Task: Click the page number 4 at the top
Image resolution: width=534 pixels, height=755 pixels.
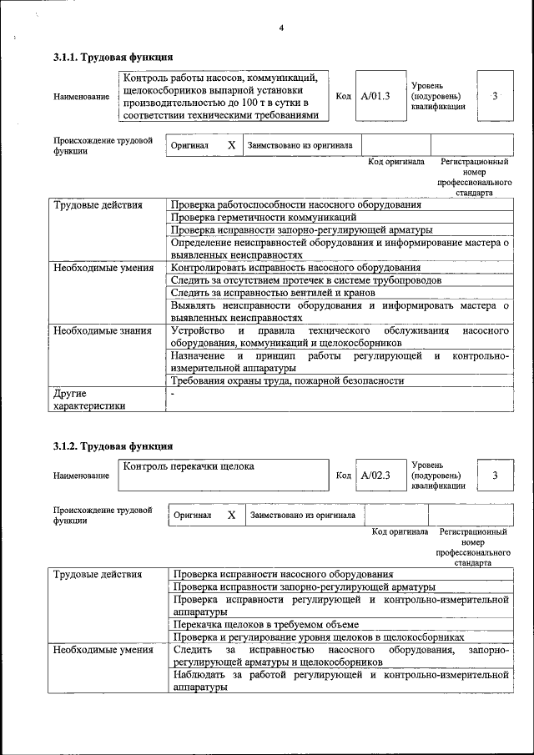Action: click(281, 28)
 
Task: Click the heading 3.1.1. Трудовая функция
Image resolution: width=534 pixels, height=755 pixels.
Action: click(113, 58)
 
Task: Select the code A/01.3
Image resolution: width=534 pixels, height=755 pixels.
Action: click(375, 97)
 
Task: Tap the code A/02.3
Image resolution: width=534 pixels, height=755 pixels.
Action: click(375, 476)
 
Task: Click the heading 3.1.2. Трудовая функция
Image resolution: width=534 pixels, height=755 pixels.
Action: click(113, 445)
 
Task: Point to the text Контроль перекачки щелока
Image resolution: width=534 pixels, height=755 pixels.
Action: click(189, 466)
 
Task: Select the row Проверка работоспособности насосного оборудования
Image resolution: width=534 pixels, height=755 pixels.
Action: click(295, 204)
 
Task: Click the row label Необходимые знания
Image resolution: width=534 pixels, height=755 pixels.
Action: click(103, 330)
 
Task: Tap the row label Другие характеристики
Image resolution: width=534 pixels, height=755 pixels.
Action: click(89, 400)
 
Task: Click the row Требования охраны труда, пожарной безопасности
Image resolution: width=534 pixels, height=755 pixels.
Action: click(287, 380)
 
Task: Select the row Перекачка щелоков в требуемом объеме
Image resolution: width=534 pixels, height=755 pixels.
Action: click(265, 624)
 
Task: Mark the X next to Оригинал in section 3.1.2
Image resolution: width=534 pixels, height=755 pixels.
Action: click(231, 516)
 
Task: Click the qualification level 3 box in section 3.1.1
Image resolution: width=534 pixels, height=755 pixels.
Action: click(495, 97)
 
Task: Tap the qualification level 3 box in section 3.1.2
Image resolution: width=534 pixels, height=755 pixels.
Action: click(495, 476)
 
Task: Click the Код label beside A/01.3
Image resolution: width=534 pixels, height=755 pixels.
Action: click(343, 97)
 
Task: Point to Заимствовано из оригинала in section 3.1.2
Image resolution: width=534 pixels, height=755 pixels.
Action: click(303, 516)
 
